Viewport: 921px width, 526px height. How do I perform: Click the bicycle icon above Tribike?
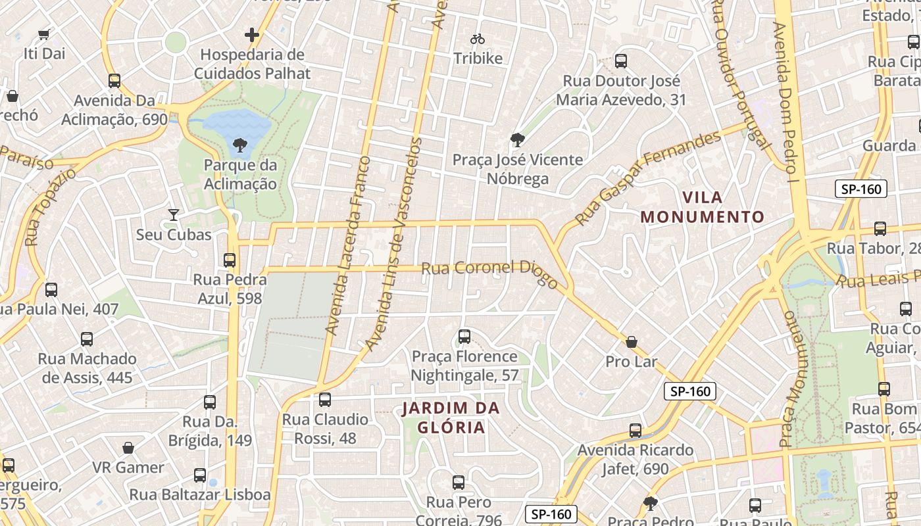[x=478, y=39]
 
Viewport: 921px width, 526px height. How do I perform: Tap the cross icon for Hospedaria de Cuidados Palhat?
[x=252, y=35]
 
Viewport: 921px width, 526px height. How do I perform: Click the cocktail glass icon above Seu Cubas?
[x=174, y=215]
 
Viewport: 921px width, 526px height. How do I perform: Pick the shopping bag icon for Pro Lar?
[x=632, y=342]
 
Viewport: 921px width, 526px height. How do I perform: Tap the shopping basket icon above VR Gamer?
[x=128, y=448]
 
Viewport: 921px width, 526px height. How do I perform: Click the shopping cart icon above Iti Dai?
[x=44, y=34]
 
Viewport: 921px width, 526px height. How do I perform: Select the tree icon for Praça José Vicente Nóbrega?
[x=518, y=139]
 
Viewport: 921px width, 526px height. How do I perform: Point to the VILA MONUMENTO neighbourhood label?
[x=703, y=207]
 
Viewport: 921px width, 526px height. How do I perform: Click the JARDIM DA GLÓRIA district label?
[x=451, y=418]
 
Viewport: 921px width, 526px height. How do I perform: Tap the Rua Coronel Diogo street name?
[x=489, y=272]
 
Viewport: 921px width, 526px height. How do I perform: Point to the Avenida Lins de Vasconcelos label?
[x=395, y=243]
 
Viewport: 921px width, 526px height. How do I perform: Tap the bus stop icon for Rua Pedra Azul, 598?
[x=230, y=260]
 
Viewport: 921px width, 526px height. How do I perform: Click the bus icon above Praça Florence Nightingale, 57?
[x=464, y=337]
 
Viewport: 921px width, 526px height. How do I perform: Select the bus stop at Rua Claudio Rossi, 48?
[x=325, y=400]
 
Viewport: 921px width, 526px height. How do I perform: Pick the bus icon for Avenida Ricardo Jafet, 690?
[x=635, y=431]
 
